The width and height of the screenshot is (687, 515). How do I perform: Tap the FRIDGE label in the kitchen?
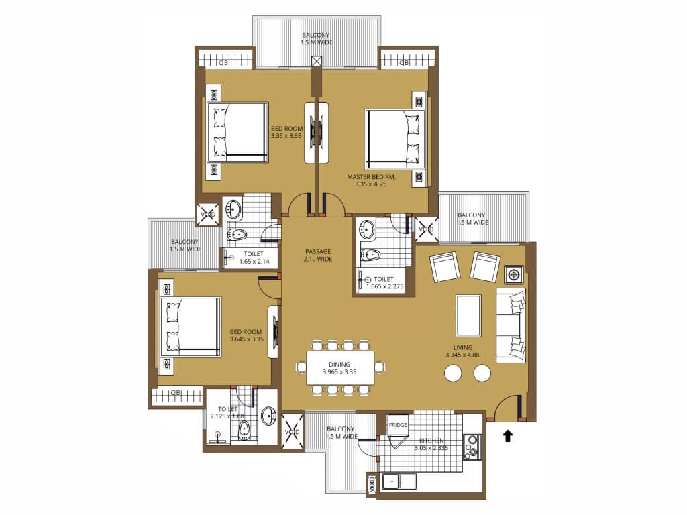click(x=398, y=425)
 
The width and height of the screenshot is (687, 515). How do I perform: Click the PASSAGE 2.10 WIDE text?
click(x=318, y=255)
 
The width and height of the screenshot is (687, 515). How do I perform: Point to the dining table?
click(x=340, y=368)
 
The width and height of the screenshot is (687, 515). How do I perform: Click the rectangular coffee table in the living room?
click(x=469, y=315)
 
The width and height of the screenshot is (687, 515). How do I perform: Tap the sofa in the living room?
click(x=511, y=325)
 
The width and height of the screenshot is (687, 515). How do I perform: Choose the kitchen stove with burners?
click(x=472, y=447)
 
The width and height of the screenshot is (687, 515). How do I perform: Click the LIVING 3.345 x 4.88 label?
click(x=462, y=351)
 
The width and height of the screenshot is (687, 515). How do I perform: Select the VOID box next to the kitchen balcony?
click(x=293, y=431)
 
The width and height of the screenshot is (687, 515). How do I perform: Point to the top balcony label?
click(x=317, y=38)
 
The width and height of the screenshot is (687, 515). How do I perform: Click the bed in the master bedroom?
click(x=395, y=139)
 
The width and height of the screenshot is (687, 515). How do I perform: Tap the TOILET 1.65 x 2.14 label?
click(x=254, y=257)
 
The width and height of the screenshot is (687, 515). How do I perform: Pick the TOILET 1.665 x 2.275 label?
click(x=384, y=283)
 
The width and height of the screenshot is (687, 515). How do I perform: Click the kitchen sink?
click(x=390, y=481)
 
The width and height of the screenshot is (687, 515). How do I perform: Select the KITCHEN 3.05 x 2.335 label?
click(x=431, y=444)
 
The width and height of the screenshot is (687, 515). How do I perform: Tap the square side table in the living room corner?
click(x=514, y=275)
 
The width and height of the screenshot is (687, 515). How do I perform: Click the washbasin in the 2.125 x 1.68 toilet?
click(x=268, y=415)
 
